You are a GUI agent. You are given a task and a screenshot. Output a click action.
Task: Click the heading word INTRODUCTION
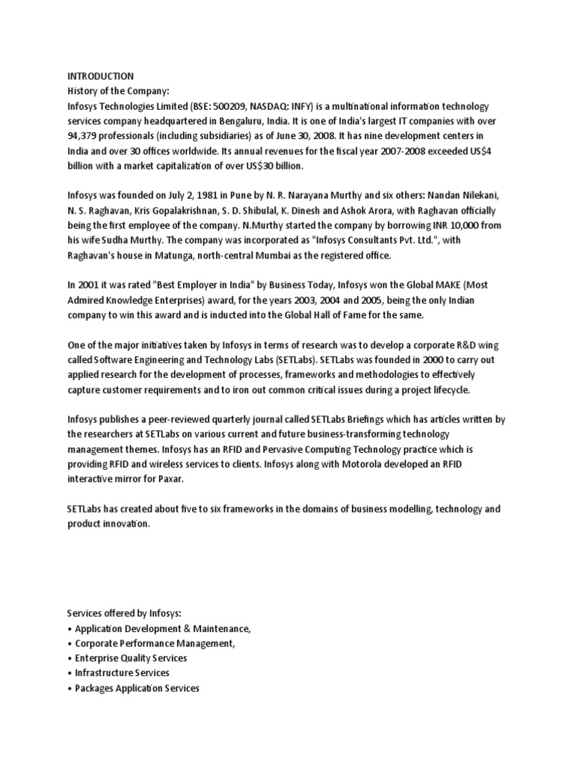(101, 76)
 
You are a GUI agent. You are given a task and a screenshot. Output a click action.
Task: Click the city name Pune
(225, 196)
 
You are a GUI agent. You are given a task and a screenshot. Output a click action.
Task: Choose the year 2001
(89, 285)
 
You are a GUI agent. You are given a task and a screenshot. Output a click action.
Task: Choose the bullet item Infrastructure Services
(123, 673)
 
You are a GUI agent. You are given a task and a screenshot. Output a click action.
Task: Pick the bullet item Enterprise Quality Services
(131, 658)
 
